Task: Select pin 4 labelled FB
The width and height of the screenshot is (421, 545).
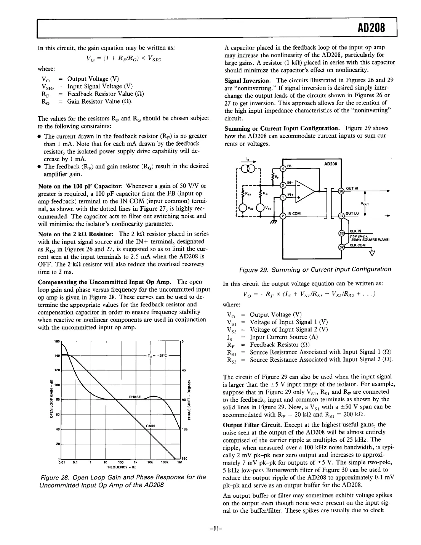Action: click(283, 168)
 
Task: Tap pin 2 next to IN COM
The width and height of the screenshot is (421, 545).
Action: click(283, 216)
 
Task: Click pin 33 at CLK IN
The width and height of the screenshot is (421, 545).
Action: click(342, 233)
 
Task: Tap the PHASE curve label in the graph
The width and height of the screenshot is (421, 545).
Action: click(135, 397)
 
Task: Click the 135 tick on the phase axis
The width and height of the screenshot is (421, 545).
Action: click(184, 430)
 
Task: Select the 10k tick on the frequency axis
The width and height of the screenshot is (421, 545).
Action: click(150, 463)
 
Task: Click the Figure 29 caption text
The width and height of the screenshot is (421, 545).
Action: click(315, 269)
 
